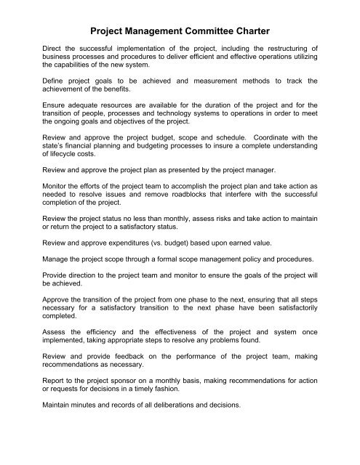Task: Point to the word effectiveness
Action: click(x=180, y=387)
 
